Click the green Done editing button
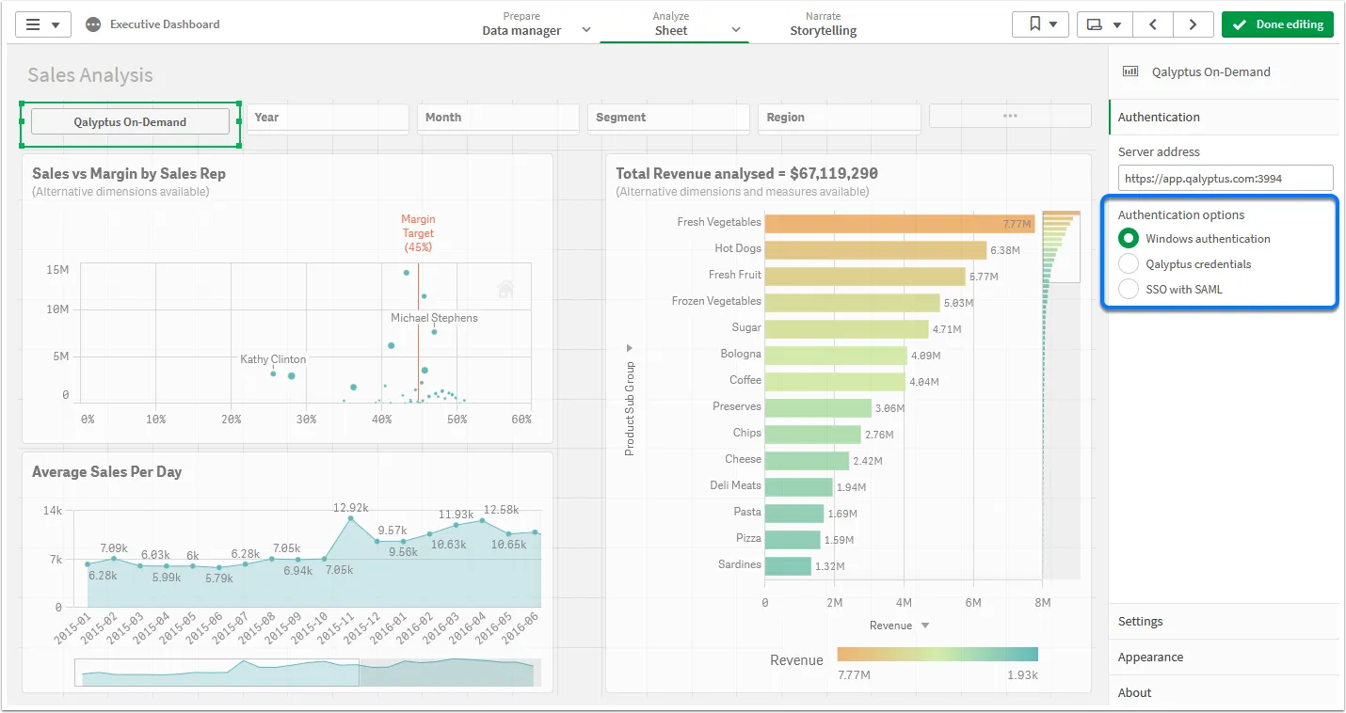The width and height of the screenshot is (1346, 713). coord(1277,24)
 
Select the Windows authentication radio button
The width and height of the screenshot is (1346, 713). coord(1129,239)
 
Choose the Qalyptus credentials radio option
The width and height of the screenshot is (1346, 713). coord(1129,264)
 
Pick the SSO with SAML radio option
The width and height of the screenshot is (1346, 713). coord(1129,290)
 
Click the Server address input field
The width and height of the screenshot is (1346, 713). coord(1225,178)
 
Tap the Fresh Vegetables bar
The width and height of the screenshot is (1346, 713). coord(899,224)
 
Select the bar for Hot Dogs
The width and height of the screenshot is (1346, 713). coord(874,250)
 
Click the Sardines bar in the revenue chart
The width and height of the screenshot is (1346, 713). coord(787,566)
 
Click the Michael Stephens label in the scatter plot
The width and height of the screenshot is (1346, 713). coord(434,318)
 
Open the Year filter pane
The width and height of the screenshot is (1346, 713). coord(327,118)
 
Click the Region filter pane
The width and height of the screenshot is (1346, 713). coord(838,118)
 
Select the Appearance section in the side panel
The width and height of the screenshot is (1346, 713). coord(1150,658)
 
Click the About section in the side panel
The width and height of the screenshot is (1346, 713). coord(1134,693)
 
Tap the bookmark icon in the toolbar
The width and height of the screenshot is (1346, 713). coord(1034,24)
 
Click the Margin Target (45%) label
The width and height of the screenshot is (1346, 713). coord(418,233)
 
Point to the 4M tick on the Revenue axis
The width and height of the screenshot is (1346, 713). coord(904,602)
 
